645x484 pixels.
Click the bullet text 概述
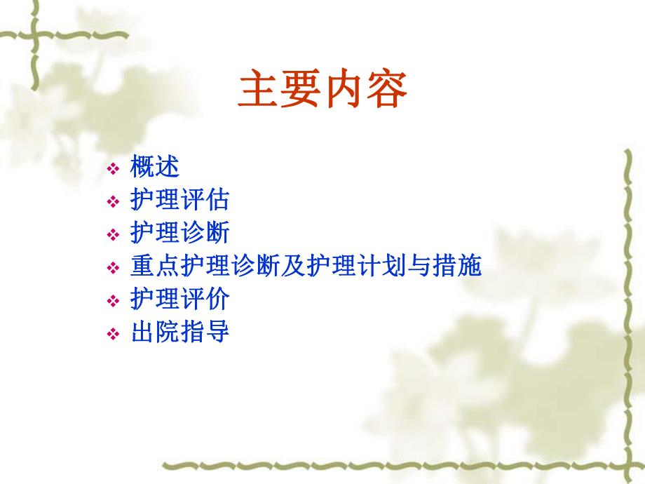[155, 168]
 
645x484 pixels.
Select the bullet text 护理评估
[180, 201]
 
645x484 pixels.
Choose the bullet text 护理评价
[180, 300]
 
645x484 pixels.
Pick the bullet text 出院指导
[180, 332]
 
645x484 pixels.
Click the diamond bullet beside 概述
[114, 169]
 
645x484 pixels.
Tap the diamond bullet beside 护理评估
[114, 202]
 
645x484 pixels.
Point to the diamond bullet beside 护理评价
[114, 301]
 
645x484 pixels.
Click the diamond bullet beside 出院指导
[114, 334]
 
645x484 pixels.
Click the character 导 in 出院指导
[218, 332]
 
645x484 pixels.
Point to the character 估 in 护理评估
[218, 201]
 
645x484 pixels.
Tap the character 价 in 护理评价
[218, 300]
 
